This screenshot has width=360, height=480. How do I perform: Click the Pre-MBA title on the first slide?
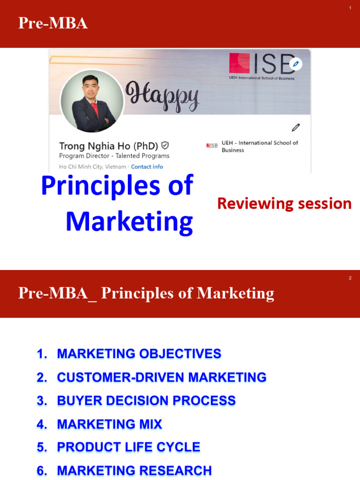coord(53,23)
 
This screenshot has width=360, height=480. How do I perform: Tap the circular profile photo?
coord(92,101)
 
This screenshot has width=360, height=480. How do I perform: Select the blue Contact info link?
coord(147,167)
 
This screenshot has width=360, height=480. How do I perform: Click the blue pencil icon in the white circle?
coord(295,64)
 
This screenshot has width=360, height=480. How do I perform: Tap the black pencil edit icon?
coord(295,127)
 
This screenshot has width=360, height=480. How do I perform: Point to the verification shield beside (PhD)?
coord(165,145)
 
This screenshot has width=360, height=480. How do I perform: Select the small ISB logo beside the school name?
coord(212,146)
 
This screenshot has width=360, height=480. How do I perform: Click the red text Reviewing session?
coord(284,203)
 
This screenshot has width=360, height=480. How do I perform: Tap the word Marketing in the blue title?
coord(129,222)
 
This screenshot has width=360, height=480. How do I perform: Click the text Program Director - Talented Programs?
coord(114,156)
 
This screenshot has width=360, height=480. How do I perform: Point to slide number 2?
coord(350,278)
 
